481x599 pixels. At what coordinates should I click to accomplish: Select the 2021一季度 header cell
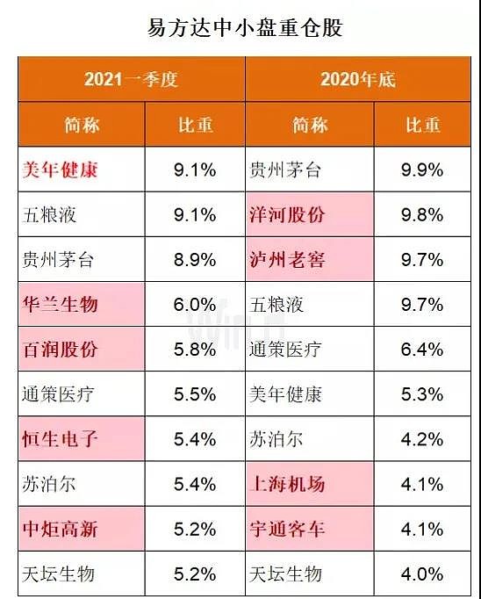tap(131, 80)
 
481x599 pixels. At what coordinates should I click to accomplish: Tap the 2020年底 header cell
tap(357, 80)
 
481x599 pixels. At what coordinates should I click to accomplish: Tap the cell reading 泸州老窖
tap(287, 260)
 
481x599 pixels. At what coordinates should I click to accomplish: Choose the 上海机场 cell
tap(287, 485)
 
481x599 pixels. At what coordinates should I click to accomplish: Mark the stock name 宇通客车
tap(287, 530)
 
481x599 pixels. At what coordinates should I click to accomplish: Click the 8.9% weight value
tap(194, 260)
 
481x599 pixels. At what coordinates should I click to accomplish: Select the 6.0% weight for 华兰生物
tap(194, 305)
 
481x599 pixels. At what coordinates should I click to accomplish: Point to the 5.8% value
tap(194, 350)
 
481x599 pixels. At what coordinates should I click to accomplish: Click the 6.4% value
tap(422, 350)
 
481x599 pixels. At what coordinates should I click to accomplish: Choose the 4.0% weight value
tap(422, 574)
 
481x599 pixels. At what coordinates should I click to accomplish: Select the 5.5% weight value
tap(194, 394)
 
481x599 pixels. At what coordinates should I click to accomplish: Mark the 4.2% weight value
tap(422, 439)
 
